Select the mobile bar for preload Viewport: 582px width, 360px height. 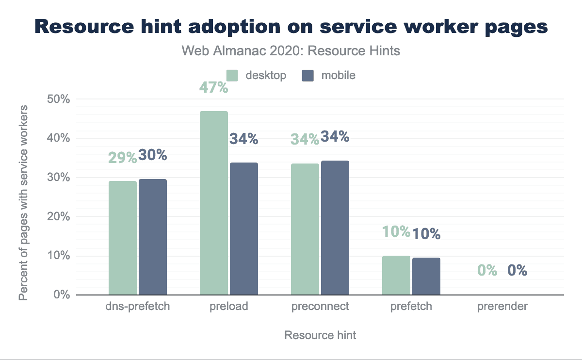[x=244, y=229]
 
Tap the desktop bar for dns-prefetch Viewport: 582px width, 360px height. [x=123, y=238]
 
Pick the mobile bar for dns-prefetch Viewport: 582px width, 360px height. [x=153, y=237]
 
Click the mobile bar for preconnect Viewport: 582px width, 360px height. [x=335, y=228]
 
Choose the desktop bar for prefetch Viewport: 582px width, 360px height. [x=396, y=275]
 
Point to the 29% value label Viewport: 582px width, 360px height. [x=122, y=158]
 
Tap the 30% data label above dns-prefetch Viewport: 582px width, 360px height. [x=153, y=155]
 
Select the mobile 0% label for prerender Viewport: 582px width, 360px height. [x=517, y=270]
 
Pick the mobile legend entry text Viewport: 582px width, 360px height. [x=338, y=75]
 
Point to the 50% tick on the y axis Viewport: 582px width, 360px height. [x=58, y=99]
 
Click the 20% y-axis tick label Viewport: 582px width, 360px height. [x=58, y=217]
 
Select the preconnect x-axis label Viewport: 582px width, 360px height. [x=320, y=307]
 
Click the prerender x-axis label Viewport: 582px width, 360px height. [x=502, y=307]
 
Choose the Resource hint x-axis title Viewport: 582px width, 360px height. [x=320, y=335]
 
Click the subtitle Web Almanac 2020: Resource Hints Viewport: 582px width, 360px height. [x=291, y=50]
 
